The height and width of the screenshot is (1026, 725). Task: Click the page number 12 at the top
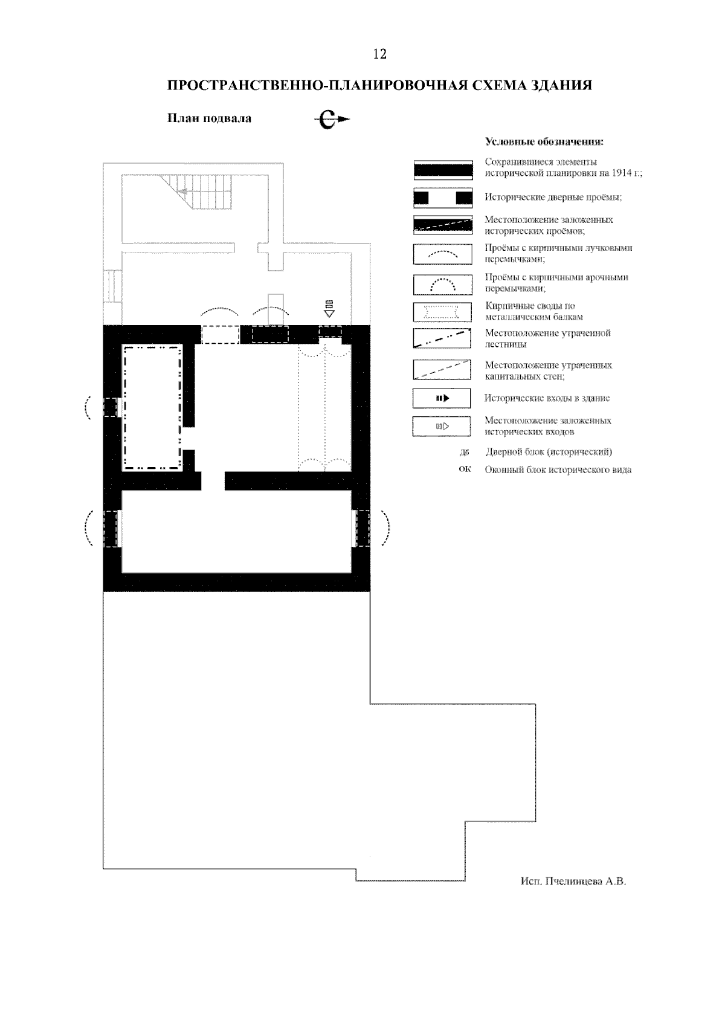379,54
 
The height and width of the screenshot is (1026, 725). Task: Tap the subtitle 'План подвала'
209,118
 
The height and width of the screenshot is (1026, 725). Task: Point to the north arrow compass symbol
332,120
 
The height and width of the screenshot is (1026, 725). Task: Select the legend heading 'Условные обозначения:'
544,141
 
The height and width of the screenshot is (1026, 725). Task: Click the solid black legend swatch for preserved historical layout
443,170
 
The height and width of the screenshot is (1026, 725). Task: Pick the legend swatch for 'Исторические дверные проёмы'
443,198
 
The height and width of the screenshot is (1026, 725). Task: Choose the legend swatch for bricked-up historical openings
443,225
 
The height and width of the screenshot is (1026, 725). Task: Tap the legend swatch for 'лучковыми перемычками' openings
442,254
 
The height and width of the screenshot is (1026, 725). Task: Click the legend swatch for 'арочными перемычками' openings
442,285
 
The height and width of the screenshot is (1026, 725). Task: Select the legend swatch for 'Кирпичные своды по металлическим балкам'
442,312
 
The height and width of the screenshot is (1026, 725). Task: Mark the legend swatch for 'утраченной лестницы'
442,338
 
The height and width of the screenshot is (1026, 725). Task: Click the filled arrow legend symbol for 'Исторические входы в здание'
442,398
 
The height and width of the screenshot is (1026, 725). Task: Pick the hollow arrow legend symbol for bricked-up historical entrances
442,427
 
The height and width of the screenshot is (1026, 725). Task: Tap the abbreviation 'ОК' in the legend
465,469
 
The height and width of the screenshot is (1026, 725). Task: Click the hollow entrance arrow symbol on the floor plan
329,309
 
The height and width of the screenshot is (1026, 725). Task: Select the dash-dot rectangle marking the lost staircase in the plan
153,408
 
